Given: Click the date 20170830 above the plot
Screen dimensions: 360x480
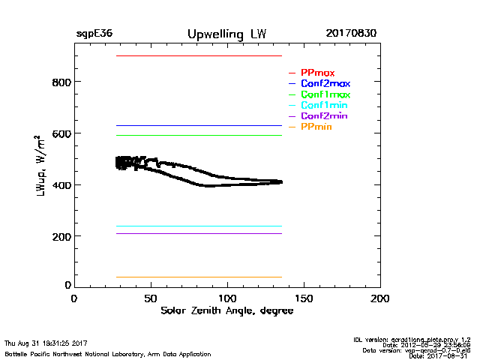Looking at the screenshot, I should (x=351, y=34).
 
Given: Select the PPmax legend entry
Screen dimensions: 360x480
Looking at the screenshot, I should (x=317, y=73).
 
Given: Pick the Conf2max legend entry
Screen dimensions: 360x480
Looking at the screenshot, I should (x=325, y=83).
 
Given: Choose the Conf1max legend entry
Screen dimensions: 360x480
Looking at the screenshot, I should (x=325, y=94).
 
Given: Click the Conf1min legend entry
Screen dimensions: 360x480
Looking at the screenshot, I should (x=323, y=105).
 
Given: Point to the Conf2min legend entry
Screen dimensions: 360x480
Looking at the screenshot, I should (x=323, y=116).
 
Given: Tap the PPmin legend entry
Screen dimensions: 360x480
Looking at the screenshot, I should (x=316, y=127).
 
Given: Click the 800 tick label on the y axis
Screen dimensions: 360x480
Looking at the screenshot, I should (x=61, y=82).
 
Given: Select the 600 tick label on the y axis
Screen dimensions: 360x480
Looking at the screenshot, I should (x=61, y=133).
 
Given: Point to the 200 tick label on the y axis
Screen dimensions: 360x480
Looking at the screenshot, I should (x=61, y=236).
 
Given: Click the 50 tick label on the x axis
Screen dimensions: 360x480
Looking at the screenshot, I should (x=151, y=298).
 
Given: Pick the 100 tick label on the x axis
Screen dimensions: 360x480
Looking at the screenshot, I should (x=227, y=298).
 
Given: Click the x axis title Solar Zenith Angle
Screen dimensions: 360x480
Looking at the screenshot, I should (x=226, y=310).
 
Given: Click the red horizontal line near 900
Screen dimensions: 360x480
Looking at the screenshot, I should (x=199, y=55).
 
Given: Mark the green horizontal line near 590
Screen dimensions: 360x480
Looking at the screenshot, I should (x=199, y=135).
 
